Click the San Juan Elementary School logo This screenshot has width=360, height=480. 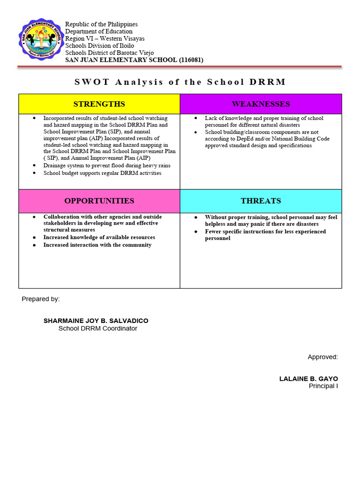coord(39,41)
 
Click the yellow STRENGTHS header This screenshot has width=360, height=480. coord(99,104)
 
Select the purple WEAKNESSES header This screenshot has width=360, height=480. coord(261,104)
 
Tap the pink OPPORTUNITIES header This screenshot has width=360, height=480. coord(99,201)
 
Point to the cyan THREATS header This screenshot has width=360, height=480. coord(261,201)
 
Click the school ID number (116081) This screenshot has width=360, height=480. coord(190,60)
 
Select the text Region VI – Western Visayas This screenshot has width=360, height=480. coord(105,38)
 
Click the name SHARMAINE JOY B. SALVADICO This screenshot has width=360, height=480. coord(96,321)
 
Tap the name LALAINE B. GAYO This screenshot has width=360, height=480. coord(308,379)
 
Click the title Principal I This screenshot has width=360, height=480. coord(323,386)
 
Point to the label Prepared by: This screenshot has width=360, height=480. coord(41,299)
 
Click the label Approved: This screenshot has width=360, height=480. coord(322,357)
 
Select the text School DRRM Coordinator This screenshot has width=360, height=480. coord(97,329)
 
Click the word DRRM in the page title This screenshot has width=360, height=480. coord(268,82)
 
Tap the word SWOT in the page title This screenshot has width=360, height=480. coord(92,82)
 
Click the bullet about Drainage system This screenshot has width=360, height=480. coord(107,166)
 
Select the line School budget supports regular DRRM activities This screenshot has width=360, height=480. coord(102,173)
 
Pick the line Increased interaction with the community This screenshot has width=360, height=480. coord(97,245)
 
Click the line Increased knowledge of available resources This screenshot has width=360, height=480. coord(99,238)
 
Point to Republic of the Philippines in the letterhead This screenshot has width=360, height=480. coord(101,24)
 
